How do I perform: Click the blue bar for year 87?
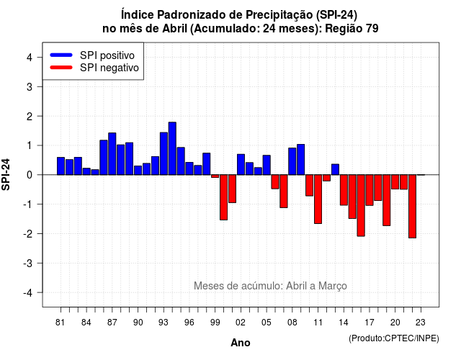[112, 153]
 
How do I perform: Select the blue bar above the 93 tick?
[164, 153]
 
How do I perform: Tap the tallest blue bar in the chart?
[172, 148]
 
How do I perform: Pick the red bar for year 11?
[318, 199]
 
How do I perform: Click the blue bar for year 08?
[292, 161]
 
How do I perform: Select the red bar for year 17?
[370, 190]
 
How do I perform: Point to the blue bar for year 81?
[61, 166]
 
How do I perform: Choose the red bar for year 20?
[395, 181]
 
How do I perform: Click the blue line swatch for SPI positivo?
[61, 55]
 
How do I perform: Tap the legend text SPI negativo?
[109, 68]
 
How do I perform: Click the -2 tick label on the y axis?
[28, 233]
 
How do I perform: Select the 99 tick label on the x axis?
[215, 323]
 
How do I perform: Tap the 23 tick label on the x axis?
[421, 323]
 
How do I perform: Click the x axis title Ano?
[241, 343]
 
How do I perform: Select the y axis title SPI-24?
[6, 174]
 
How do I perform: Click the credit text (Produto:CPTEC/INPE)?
[394, 338]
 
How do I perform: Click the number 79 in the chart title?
[372, 29]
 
